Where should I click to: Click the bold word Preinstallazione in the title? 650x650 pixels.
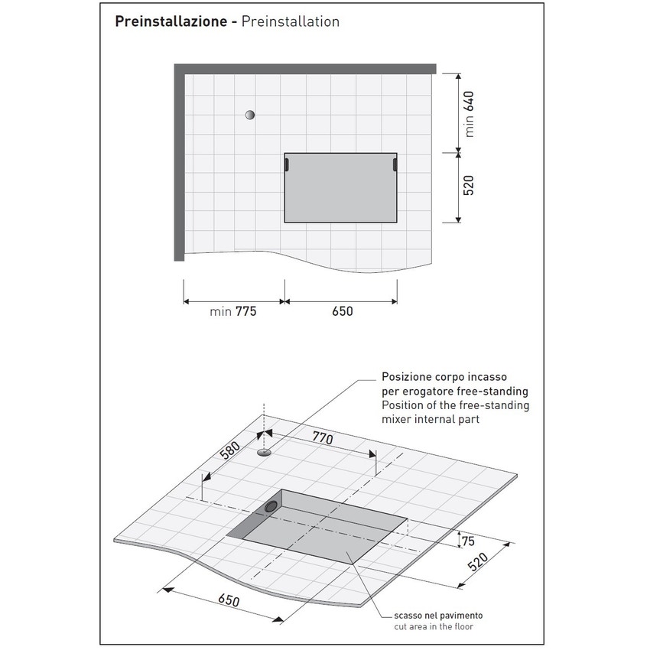[171, 21]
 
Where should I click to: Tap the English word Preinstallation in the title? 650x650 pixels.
[290, 21]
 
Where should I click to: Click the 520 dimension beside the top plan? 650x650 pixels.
[469, 186]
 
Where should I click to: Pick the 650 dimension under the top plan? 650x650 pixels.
[341, 311]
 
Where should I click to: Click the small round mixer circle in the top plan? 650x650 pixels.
[249, 115]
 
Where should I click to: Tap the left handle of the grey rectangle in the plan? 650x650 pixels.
[285, 164]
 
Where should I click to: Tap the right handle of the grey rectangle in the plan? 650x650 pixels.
[395, 164]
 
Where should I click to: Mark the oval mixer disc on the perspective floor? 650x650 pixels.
[265, 452]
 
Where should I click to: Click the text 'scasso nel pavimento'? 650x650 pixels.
[438, 616]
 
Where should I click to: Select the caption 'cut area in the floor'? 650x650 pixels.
[434, 627]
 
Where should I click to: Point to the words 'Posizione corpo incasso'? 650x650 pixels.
[444, 377]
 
